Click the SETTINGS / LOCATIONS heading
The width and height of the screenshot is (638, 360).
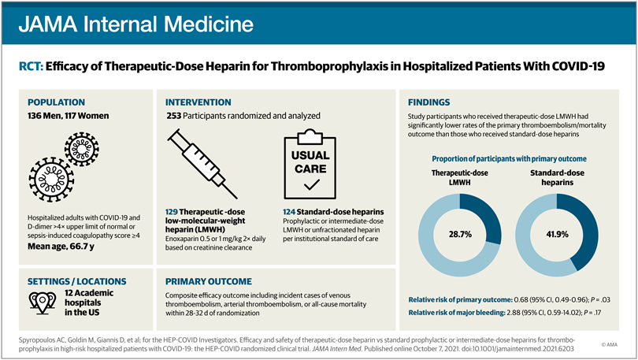76,280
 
